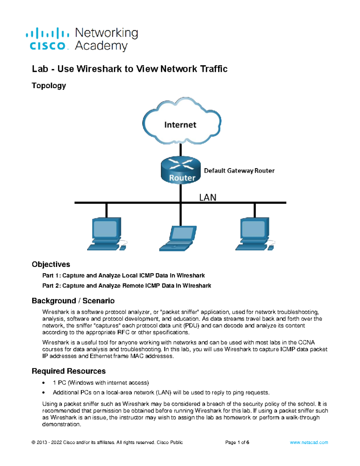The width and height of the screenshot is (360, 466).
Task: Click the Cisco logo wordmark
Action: pos(47,46)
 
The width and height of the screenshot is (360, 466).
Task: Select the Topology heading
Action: pos(49,86)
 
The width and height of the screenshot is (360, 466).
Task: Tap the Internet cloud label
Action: pos(180,125)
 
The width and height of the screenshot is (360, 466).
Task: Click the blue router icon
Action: pos(181,170)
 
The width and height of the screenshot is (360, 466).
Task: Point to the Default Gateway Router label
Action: pos(239,171)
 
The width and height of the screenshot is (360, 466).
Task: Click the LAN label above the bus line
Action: pos(208,197)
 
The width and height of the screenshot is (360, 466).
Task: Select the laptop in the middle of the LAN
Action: pos(178,238)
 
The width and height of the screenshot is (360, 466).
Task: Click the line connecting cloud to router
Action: pos(181,150)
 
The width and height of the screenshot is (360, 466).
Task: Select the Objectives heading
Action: pos(51,264)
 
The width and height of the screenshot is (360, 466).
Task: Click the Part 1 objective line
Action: pos(123,275)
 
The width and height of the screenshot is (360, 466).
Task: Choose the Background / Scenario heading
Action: pos(73,301)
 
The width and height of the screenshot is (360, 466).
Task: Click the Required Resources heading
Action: pos(68,371)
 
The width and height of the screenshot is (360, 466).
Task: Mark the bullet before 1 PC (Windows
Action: pos(44,383)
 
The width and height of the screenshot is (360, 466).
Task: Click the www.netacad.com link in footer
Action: pos(309,442)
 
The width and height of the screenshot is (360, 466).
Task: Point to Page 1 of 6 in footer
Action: pos(237,442)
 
